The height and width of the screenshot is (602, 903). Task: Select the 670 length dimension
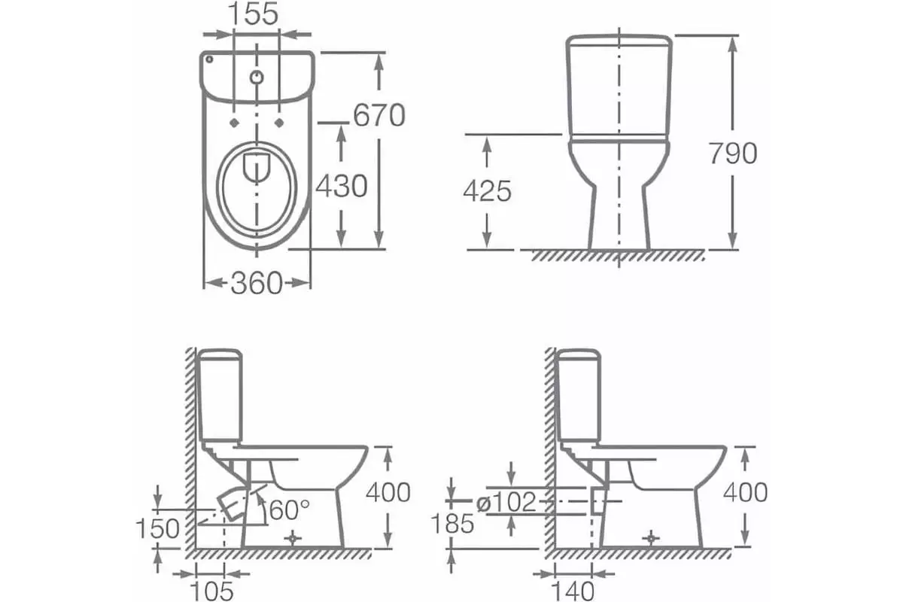[379, 115]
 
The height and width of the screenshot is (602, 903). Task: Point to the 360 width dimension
[257, 283]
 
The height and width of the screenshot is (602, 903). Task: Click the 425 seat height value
[487, 191]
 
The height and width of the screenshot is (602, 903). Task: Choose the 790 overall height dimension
[732, 153]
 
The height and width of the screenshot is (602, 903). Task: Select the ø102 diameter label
[505, 502]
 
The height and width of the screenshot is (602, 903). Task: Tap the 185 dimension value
[451, 522]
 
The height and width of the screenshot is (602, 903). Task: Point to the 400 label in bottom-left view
[388, 492]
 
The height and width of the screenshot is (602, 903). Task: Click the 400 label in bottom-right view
[744, 492]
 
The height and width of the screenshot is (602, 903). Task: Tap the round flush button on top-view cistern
[257, 77]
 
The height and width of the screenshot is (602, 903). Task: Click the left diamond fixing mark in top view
[234, 123]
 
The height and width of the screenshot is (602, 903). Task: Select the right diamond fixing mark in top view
[281, 123]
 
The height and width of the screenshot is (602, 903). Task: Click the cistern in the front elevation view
[618, 84]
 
